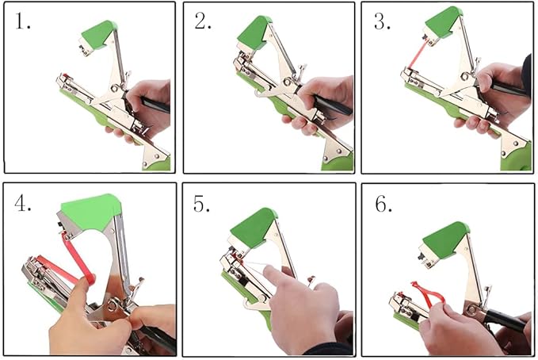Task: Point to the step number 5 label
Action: [x=203, y=204]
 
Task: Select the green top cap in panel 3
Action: [x=444, y=22]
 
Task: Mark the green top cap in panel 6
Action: [x=446, y=238]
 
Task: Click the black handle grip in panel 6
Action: [x=507, y=320]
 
